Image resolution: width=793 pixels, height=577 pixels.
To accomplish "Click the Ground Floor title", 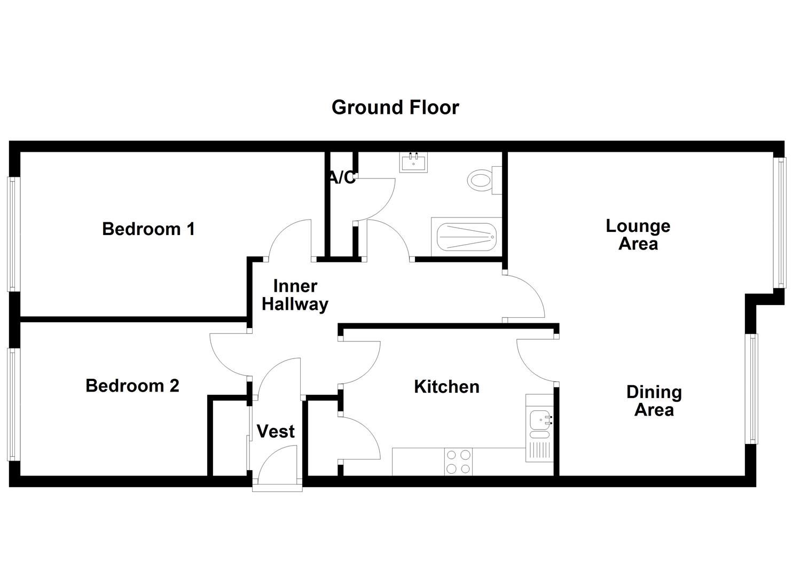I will pyautogui.click(x=395, y=107).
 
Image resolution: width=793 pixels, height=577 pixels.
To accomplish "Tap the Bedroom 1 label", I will pyautogui.click(x=148, y=229).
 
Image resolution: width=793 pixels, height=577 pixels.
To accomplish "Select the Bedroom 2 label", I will pyautogui.click(x=132, y=386).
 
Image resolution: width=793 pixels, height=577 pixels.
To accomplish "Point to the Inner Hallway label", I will pyautogui.click(x=295, y=295).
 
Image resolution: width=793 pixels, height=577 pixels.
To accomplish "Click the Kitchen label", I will pyautogui.click(x=446, y=387).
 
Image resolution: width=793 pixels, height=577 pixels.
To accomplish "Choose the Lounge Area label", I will pyautogui.click(x=638, y=235).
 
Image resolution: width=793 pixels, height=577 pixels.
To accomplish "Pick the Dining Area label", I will pyautogui.click(x=654, y=401).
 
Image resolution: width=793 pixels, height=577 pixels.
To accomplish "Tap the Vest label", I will pyautogui.click(x=276, y=432).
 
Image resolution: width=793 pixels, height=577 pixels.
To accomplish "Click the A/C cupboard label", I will pyautogui.click(x=342, y=178).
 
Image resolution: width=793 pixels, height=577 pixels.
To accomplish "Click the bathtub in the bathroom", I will pyautogui.click(x=467, y=237).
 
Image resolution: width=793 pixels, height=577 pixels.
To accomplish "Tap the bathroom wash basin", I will pyautogui.click(x=413, y=162).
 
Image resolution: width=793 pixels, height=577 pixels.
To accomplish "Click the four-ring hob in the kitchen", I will pyautogui.click(x=459, y=462).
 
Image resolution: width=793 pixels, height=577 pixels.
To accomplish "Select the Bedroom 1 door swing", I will pyautogui.click(x=290, y=240).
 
